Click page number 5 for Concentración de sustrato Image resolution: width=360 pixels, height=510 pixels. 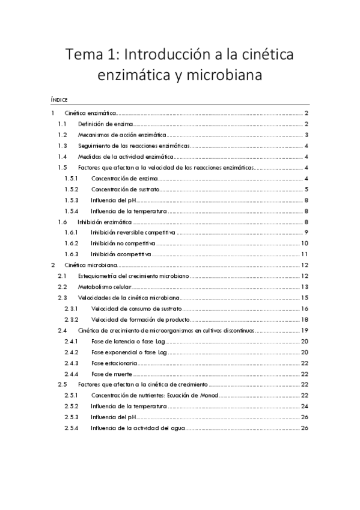(x=307, y=189)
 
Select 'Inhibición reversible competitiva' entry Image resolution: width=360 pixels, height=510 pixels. (x=133, y=233)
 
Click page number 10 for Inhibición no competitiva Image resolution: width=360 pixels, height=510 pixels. (x=305, y=244)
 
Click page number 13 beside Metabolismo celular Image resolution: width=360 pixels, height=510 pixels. (x=305, y=287)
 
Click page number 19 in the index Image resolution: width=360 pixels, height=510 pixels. (x=305, y=330)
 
